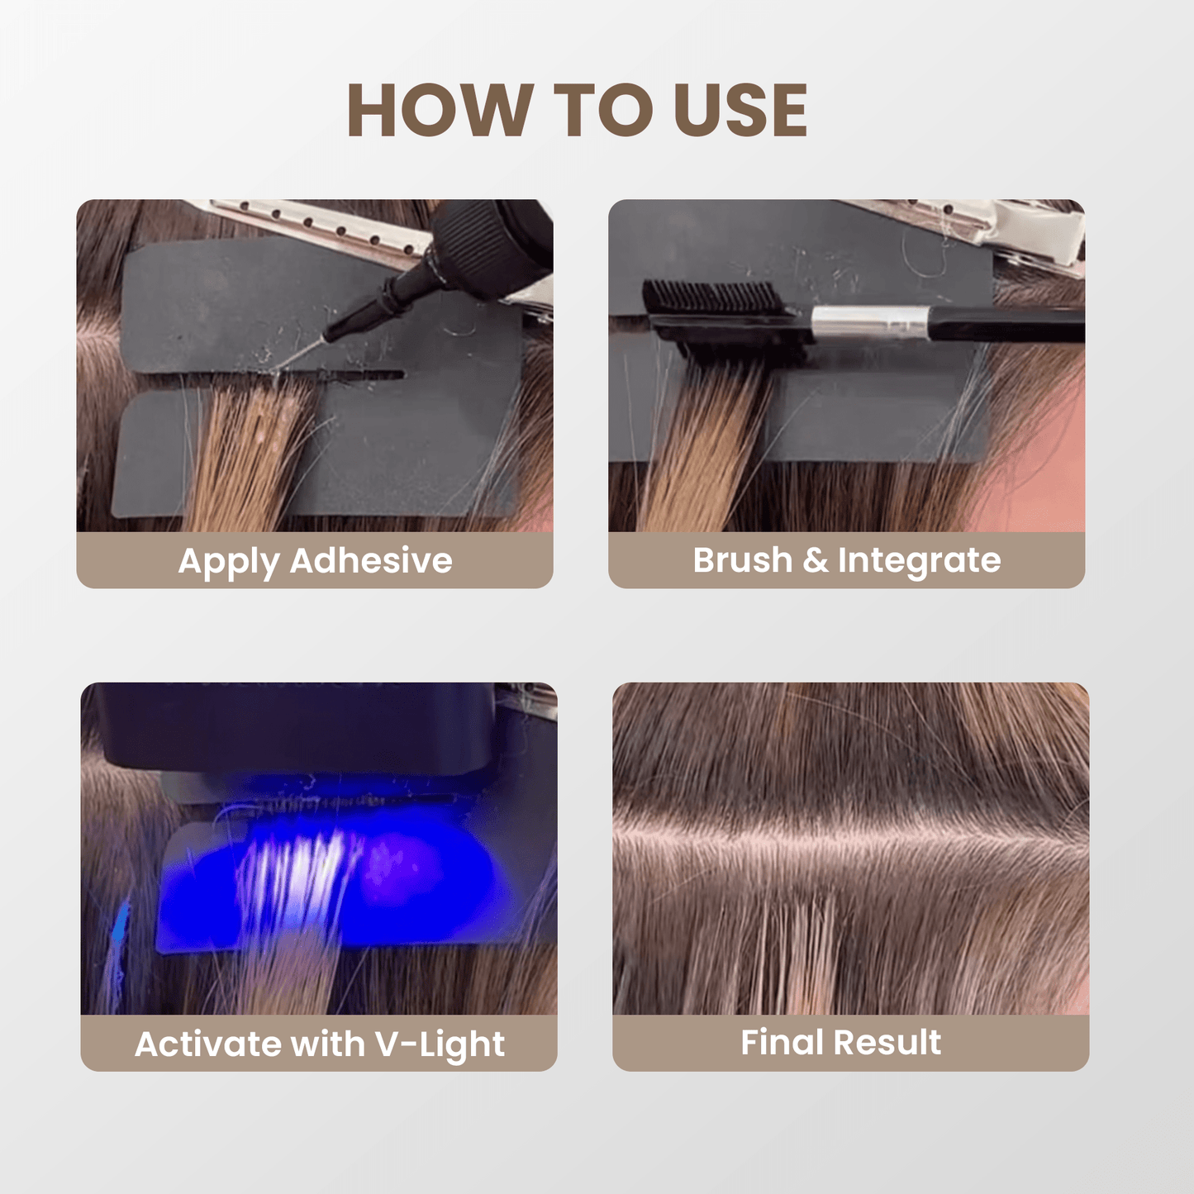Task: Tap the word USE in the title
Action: (740, 110)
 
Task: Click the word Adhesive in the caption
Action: (371, 560)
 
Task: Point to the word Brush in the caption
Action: (742, 560)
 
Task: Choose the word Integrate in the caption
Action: (919, 560)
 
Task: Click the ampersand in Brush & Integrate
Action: (815, 560)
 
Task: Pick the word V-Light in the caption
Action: (440, 1044)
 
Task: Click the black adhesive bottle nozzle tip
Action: (334, 333)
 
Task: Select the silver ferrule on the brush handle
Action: (868, 322)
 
